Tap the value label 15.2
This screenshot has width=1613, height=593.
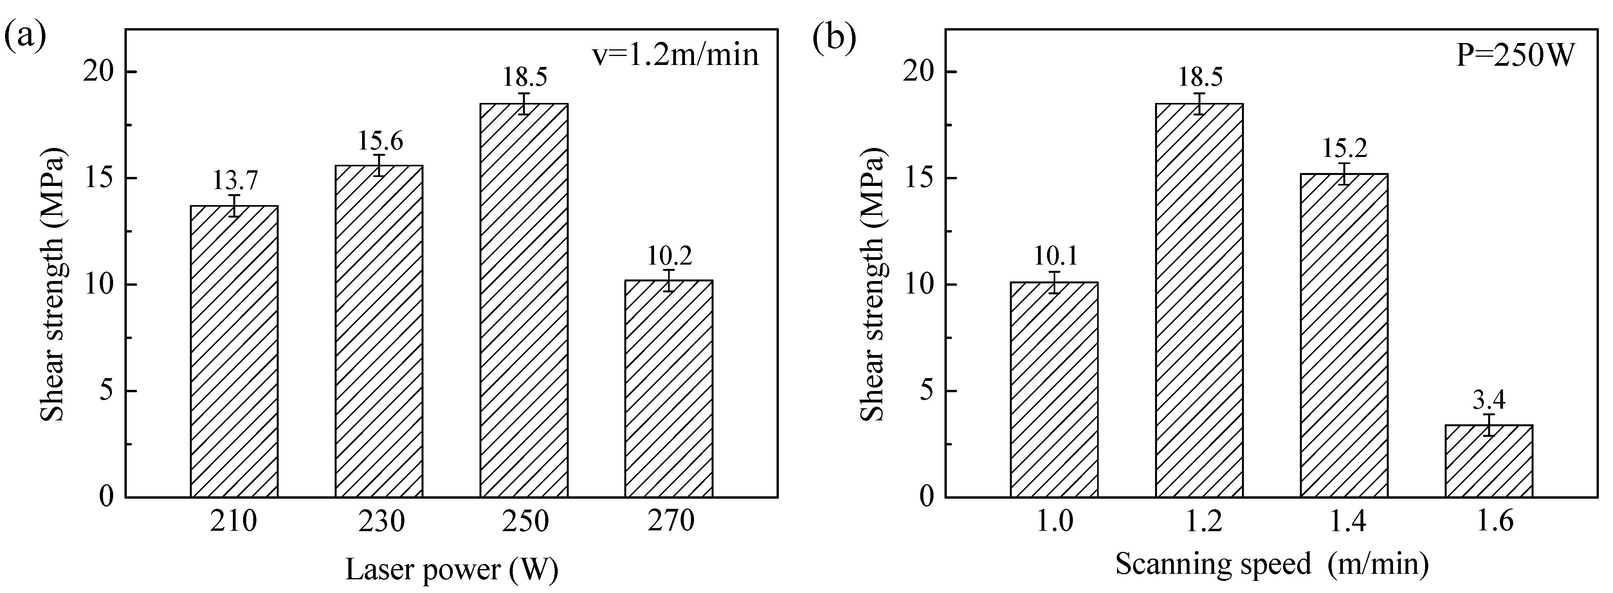click(x=1344, y=149)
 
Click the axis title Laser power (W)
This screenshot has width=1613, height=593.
click(x=451, y=569)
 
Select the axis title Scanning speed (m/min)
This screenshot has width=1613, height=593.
click(x=1271, y=564)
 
